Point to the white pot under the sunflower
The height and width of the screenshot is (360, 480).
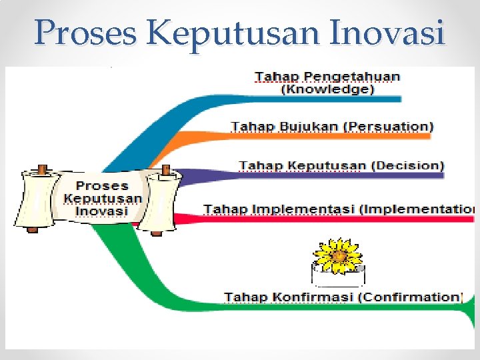[339, 275]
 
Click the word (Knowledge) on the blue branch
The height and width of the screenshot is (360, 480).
[327, 89]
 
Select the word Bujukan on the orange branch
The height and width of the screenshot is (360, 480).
[297, 126]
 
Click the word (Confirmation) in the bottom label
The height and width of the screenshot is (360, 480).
[409, 297]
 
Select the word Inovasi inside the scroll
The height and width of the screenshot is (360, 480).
[103, 211]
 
